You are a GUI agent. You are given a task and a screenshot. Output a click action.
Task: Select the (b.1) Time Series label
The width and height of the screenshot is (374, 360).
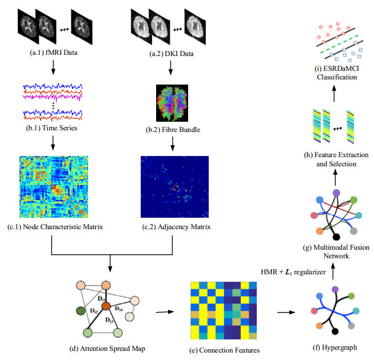point(53,128)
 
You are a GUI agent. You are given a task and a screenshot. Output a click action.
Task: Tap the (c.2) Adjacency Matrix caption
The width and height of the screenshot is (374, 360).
point(170,227)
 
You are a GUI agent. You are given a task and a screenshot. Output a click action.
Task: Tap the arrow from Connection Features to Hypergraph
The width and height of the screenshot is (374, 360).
point(286,313)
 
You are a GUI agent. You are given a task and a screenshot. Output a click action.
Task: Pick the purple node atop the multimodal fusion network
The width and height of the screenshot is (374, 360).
point(336,193)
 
